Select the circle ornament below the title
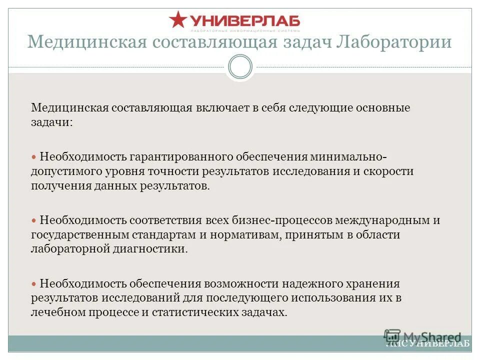pos(240,66)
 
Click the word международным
pos(383,220)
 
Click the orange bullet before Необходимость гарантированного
pos(34,156)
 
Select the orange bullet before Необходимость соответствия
pos(34,220)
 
